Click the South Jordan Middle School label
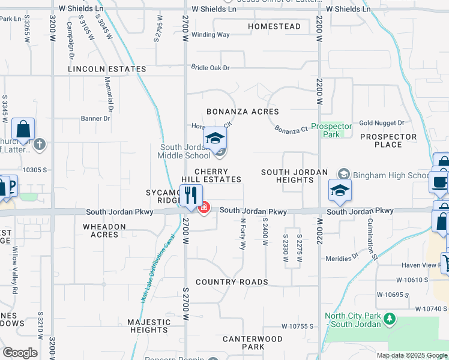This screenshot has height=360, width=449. click(185, 152)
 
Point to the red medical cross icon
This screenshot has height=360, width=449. click(204, 208)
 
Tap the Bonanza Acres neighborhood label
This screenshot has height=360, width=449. click(243, 112)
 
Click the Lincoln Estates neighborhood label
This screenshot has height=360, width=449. click(107, 69)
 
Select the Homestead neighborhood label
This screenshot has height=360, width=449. click(274, 27)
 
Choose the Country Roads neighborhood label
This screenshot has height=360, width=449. click(232, 282)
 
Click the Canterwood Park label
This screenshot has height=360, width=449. click(252, 343)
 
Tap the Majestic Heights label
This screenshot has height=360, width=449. click(148, 326)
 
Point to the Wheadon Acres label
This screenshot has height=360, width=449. click(104, 230)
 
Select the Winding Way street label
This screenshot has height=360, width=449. click(210, 35)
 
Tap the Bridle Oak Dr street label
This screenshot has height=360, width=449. click(210, 68)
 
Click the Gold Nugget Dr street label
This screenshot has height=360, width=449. click(382, 123)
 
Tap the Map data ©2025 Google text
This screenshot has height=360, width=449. click(411, 355)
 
